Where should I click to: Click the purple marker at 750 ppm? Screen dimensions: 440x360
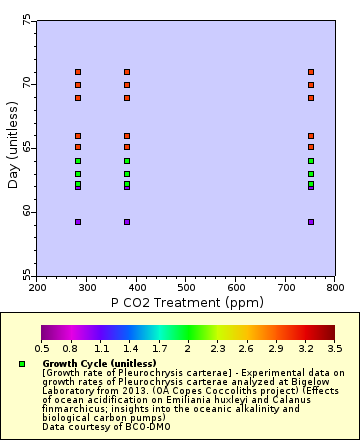coord(311,222)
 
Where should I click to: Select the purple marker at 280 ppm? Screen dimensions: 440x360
coord(78,222)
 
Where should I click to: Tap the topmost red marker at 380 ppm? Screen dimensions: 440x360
coord(127,72)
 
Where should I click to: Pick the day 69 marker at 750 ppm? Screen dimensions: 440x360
coord(311,98)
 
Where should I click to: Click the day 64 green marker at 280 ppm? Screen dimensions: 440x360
coord(78,161)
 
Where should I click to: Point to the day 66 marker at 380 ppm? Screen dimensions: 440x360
coord(127,136)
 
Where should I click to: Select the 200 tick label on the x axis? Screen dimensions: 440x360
coord(38,287)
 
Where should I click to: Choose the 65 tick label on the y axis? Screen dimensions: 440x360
coord(26,148)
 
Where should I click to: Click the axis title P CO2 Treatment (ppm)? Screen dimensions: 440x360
coord(186,300)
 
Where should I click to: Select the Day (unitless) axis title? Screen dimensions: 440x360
coord(12,148)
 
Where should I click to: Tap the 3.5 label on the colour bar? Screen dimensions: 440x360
coord(335,348)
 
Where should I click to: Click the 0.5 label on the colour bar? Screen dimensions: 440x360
coord(42,348)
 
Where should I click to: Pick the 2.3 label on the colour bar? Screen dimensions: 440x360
coord(218,348)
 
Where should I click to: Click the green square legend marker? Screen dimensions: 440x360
coord(22,364)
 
